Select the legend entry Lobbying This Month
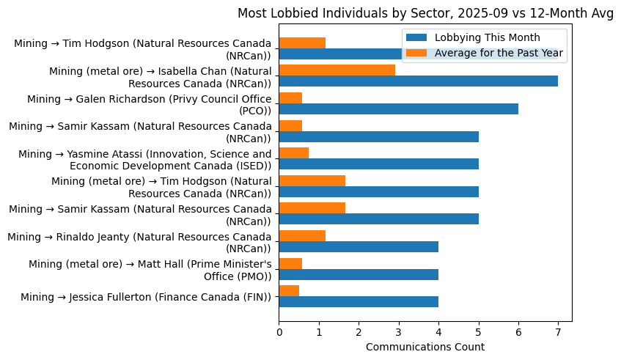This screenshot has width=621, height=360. click(x=487, y=38)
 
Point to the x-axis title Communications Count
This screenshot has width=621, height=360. click(x=425, y=346)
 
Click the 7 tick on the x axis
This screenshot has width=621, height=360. click(x=558, y=332)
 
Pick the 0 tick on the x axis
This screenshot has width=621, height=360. click(x=279, y=332)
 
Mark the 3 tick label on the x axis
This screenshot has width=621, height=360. click(x=398, y=332)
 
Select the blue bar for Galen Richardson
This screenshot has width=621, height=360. click(x=398, y=109)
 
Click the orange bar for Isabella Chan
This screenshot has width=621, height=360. click(x=337, y=70)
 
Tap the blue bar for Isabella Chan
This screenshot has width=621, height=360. click(x=418, y=81)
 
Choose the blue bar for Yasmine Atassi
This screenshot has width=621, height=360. click(x=378, y=164)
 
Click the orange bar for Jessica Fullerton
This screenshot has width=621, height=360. click(x=289, y=290)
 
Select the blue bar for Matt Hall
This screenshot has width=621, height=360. click(x=359, y=274)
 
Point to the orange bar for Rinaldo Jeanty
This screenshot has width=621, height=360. click(x=302, y=235)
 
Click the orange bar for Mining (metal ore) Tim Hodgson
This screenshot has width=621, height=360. click(x=312, y=180)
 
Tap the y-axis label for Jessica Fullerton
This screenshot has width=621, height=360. click(x=146, y=297)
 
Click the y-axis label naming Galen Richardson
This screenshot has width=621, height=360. click(x=149, y=104)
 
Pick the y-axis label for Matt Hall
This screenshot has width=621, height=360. click(x=150, y=269)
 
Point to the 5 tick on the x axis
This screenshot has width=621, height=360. click(x=478, y=332)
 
